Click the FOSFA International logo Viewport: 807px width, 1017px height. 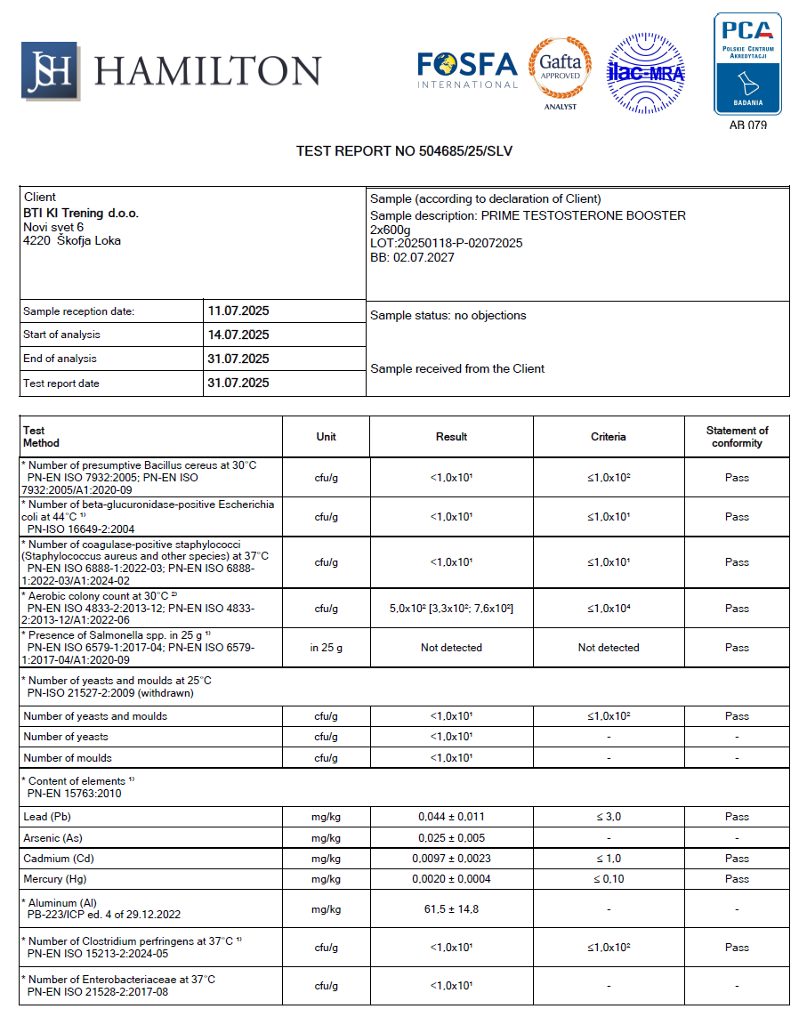coord(467,69)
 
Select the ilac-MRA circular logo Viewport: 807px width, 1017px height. coord(645,73)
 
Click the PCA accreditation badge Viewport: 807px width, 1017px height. coord(747,64)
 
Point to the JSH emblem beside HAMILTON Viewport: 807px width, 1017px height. coord(50,70)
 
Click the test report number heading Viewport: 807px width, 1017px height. coord(404,151)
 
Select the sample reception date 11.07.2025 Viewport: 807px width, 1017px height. coord(238,311)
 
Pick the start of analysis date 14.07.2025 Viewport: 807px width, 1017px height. coord(238,335)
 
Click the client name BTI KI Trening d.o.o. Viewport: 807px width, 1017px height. coord(81,214)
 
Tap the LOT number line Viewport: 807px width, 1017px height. coord(446,243)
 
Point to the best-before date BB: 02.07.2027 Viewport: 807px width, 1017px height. coord(412,257)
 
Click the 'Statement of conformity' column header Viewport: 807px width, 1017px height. coord(737,437)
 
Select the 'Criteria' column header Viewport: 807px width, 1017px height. coord(608,437)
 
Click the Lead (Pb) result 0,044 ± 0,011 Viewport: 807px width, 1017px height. coord(451,817)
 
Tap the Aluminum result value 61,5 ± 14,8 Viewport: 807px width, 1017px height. coord(451,909)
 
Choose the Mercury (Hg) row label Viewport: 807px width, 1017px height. coord(55,879)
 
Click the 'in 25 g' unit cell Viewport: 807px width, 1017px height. coord(326,648)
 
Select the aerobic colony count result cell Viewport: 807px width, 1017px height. coord(451,609)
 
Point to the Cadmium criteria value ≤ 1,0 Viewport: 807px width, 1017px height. coord(608,859)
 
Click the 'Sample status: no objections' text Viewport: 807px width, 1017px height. coord(448,316)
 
